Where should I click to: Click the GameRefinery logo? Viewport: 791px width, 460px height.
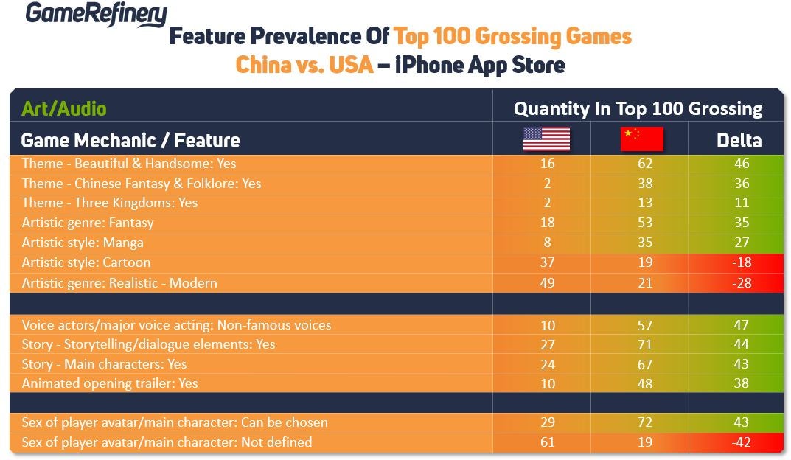click(97, 14)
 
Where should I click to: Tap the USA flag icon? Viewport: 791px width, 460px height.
click(546, 139)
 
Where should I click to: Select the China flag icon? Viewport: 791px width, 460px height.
click(641, 139)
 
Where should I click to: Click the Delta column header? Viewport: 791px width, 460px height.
click(739, 140)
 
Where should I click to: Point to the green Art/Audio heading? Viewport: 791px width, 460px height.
click(64, 109)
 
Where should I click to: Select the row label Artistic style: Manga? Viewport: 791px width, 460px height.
click(83, 242)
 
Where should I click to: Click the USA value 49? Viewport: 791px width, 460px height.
click(547, 283)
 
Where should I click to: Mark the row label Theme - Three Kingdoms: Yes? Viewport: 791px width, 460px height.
click(110, 203)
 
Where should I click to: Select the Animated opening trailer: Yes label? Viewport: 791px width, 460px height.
click(110, 383)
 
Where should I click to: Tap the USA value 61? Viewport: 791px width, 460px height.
click(547, 442)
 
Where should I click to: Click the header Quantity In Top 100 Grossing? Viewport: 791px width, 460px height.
click(638, 109)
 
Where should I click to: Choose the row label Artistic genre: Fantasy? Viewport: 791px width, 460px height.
click(88, 223)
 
